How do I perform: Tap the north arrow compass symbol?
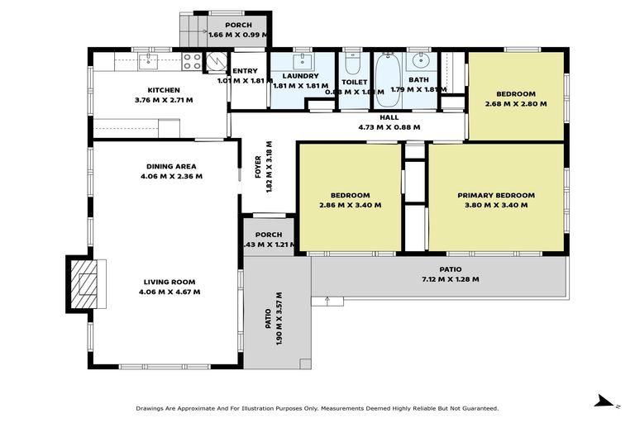(606, 402)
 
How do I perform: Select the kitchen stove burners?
(192, 60)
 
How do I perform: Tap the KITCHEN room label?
(164, 90)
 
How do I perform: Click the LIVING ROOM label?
(169, 282)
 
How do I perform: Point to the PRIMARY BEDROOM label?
(496, 196)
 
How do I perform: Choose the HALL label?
(389, 117)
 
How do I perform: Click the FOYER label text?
(258, 169)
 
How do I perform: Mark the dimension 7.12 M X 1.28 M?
(451, 279)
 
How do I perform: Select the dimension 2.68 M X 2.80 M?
(516, 103)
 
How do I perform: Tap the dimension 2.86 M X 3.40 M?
(350, 205)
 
